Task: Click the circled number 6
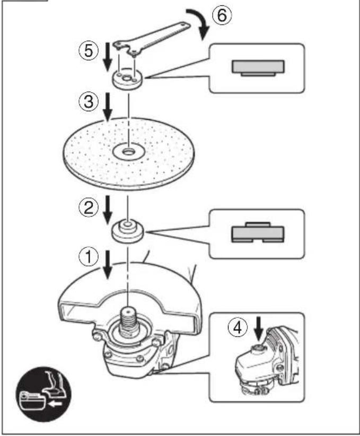(x=222, y=15)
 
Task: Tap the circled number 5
(x=89, y=51)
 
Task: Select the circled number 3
(x=89, y=102)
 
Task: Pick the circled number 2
(x=89, y=207)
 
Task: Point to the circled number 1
(x=89, y=256)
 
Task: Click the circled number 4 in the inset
(x=238, y=327)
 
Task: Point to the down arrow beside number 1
(x=108, y=264)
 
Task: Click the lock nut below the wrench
(x=128, y=80)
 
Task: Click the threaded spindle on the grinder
(x=128, y=321)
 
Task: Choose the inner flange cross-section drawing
(x=258, y=232)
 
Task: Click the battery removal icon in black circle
(x=43, y=394)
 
